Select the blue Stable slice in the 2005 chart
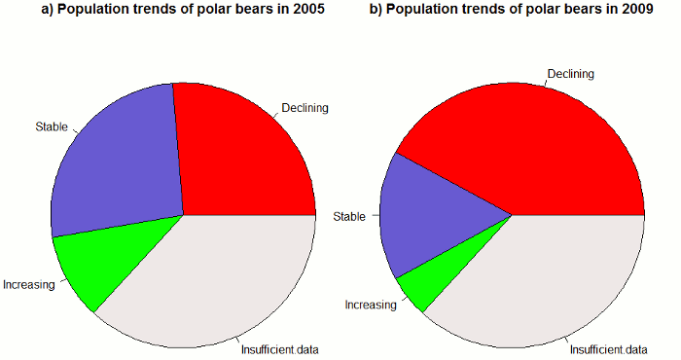[x=117, y=165]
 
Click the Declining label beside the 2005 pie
[x=305, y=107]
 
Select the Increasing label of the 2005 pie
[x=28, y=285]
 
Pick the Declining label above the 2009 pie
[x=570, y=74]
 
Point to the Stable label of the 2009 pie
[x=349, y=216]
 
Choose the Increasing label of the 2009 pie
[x=371, y=305]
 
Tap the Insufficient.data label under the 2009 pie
[x=608, y=348]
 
